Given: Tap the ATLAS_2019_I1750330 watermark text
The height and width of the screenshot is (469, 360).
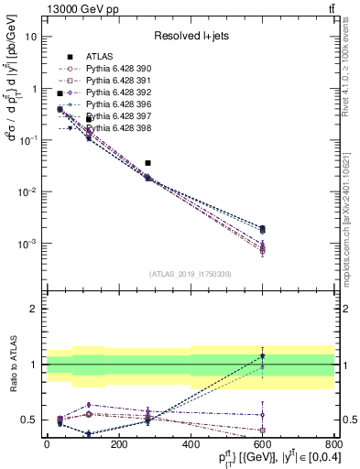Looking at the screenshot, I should (189, 273).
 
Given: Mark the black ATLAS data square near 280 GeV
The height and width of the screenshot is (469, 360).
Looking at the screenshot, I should (147, 163).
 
